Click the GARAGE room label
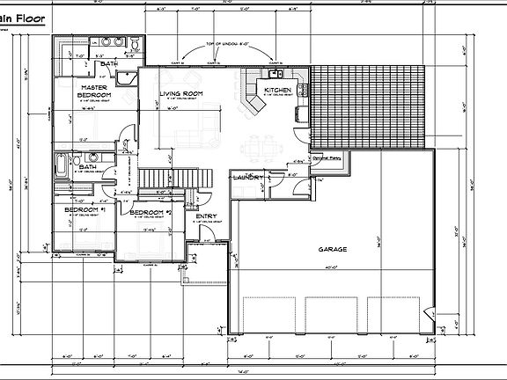point(332,249)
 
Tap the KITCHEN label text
point(278,91)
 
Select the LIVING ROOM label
point(182,93)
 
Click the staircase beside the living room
point(180,177)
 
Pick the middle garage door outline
point(330,315)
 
